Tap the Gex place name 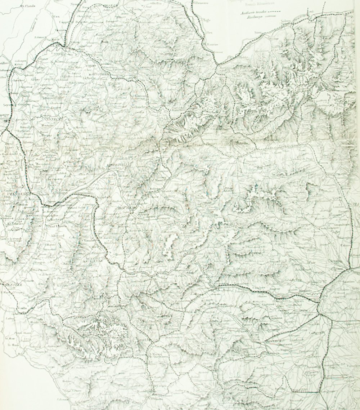(55, 17)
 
